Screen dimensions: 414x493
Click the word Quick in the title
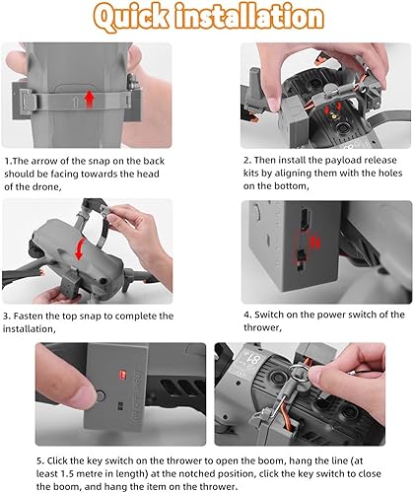coord(131,17)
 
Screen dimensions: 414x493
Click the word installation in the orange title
coord(249,16)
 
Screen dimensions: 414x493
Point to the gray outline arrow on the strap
coord(75,101)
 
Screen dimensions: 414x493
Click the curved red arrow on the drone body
coord(79,248)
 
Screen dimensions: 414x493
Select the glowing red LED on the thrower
coord(123,374)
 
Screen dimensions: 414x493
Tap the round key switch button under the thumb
coord(100,395)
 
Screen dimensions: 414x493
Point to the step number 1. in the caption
coord(9,161)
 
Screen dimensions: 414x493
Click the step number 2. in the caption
coord(247,160)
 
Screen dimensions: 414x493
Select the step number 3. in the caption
coord(7,317)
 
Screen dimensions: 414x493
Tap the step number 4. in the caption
coord(248,315)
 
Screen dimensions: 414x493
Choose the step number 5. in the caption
coord(40,460)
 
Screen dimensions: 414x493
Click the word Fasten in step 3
coord(29,317)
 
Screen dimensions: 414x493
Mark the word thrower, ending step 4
coord(262,327)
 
